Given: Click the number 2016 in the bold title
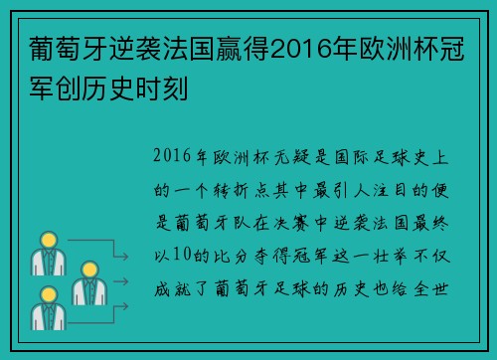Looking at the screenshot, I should pos(304,48).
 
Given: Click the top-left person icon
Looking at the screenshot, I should pos(46,253).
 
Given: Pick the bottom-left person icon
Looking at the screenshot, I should pos(46,307).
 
